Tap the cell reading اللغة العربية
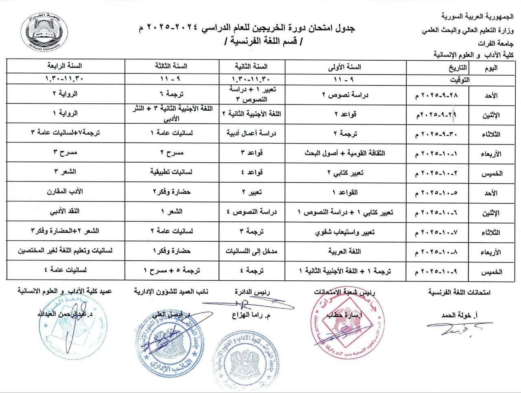(x=345, y=252)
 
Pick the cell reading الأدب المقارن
(x=65, y=192)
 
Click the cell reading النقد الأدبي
(x=65, y=212)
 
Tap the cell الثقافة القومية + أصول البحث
(x=345, y=153)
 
